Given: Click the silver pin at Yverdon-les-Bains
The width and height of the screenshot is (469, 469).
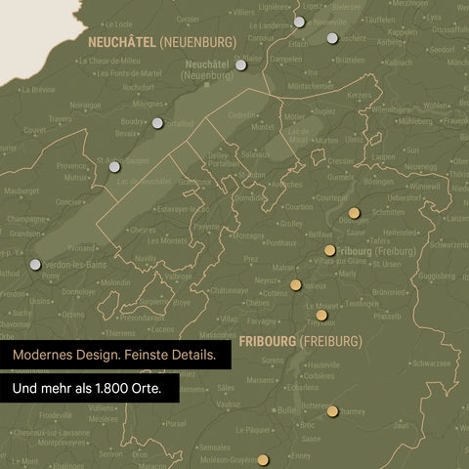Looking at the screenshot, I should click(36, 264).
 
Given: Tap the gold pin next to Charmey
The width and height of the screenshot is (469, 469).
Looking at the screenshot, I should click(333, 410).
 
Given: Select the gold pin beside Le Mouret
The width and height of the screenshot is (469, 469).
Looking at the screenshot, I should click(321, 315).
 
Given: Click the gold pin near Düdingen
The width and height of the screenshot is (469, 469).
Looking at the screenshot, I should click(354, 213).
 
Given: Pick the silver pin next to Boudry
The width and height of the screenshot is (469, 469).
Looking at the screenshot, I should click(157, 123).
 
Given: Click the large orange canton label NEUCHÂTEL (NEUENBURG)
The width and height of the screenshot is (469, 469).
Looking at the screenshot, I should click(161, 42).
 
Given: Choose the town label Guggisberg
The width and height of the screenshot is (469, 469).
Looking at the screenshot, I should click(435, 277).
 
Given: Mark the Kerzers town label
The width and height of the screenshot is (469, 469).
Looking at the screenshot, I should click(360, 95).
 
